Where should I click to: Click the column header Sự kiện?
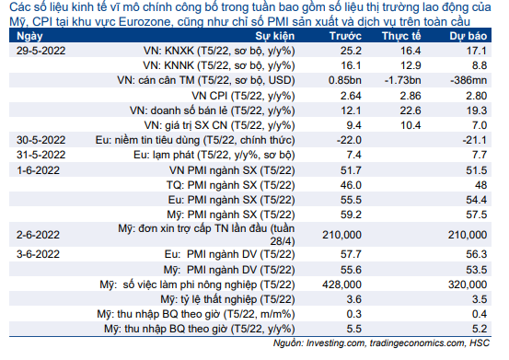pos(274,36)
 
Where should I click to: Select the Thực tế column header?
pos(401,36)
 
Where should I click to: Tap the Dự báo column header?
pos(469,36)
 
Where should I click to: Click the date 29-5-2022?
pos(40,51)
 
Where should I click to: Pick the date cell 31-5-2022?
pos(40,155)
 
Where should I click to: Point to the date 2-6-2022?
pos(38,235)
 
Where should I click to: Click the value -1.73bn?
pos(402,80)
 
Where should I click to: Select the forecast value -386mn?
pos(469,80)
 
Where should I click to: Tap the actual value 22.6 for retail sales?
pos(411,110)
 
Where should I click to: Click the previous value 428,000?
pos(341,285)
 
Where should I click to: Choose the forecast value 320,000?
pos(468,285)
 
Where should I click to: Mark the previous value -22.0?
pos(349,140)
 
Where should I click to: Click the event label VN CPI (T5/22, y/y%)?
pos(243,96)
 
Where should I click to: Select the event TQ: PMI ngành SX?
pos(230,185)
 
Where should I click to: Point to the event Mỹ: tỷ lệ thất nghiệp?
pos(227,299)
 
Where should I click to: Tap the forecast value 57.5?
pos(477,215)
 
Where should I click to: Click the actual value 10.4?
pos(411,125)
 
